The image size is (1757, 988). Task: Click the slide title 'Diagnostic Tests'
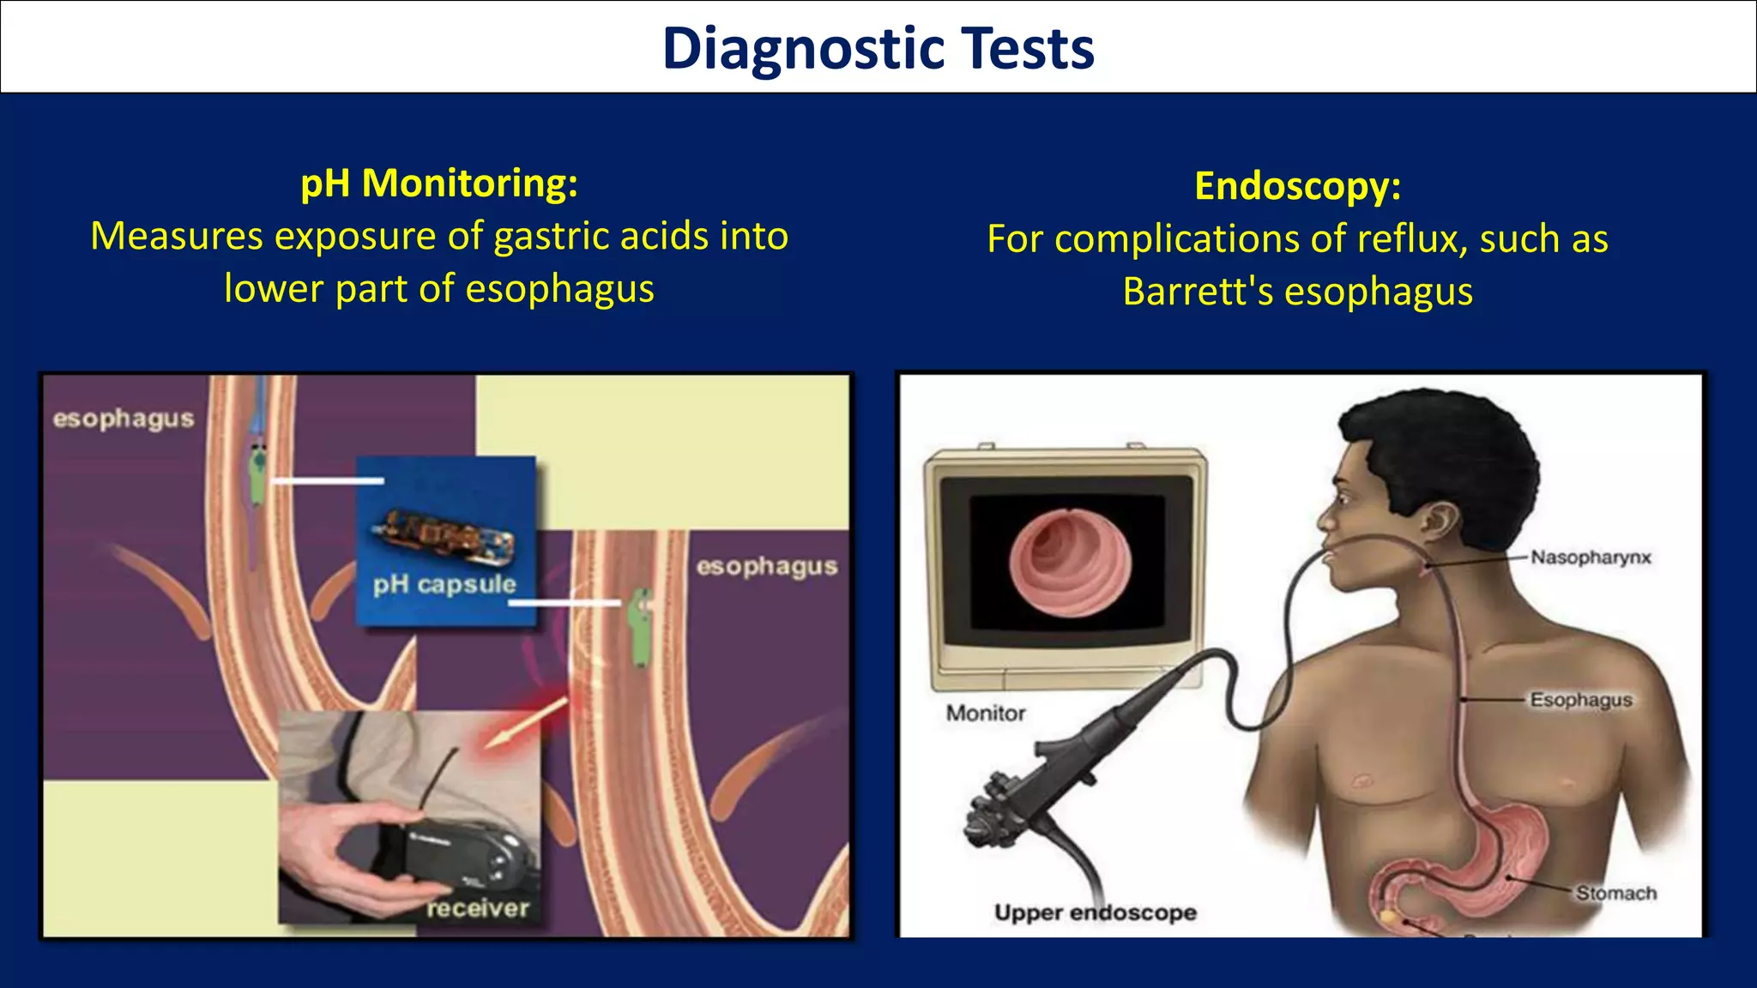point(878,48)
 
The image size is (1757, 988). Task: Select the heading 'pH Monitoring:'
point(439,184)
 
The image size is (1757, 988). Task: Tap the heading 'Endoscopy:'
point(1297,186)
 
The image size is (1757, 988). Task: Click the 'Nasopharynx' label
point(1591,557)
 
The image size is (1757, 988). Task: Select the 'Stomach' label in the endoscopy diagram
point(1615,894)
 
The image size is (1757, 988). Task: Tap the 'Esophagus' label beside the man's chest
point(1580,700)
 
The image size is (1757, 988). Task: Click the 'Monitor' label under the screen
point(986,714)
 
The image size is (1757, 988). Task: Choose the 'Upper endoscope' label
point(1095,913)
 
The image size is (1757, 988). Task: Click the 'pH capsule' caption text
point(444,585)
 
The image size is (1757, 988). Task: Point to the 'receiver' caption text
point(478,908)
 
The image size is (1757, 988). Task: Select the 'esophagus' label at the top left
point(124,419)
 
